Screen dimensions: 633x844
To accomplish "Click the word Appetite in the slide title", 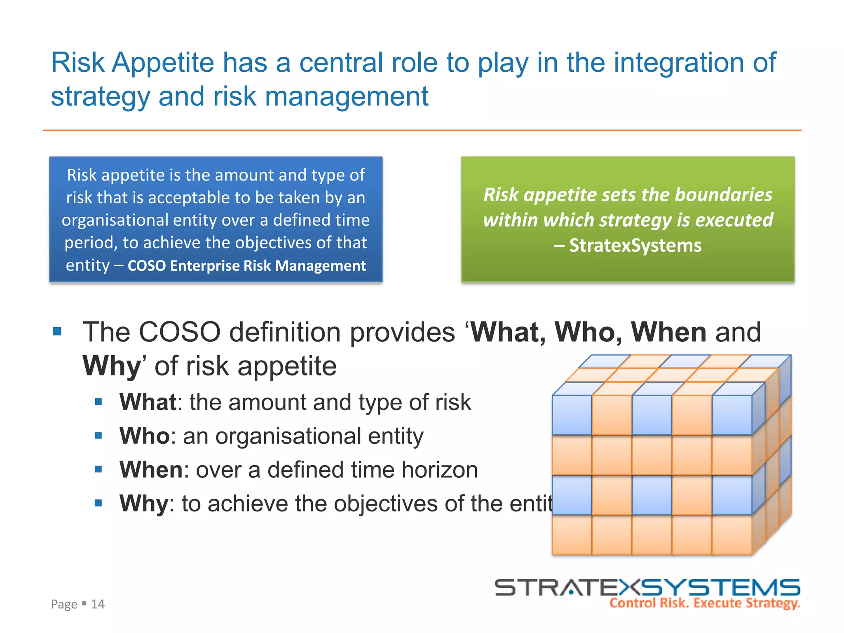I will coord(163,63).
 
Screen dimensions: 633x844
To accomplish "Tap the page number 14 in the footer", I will coord(98,604).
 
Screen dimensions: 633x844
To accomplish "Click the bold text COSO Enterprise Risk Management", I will coord(246,266).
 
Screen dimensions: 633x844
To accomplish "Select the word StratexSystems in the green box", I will coord(635,246).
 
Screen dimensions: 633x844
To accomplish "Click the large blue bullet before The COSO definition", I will coord(57,331).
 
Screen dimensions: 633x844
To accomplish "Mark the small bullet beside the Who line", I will coord(98,436).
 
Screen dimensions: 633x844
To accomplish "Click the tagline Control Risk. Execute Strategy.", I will coord(704,603).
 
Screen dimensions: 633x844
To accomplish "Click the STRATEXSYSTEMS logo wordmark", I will coord(647,587).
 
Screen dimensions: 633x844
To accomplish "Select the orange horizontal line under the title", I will coord(422,130).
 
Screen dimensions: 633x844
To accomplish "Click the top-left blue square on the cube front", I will coord(572,415).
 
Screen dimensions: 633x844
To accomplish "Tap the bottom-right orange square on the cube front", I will coord(732,535).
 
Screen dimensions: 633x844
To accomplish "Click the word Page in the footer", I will coord(64,604).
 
